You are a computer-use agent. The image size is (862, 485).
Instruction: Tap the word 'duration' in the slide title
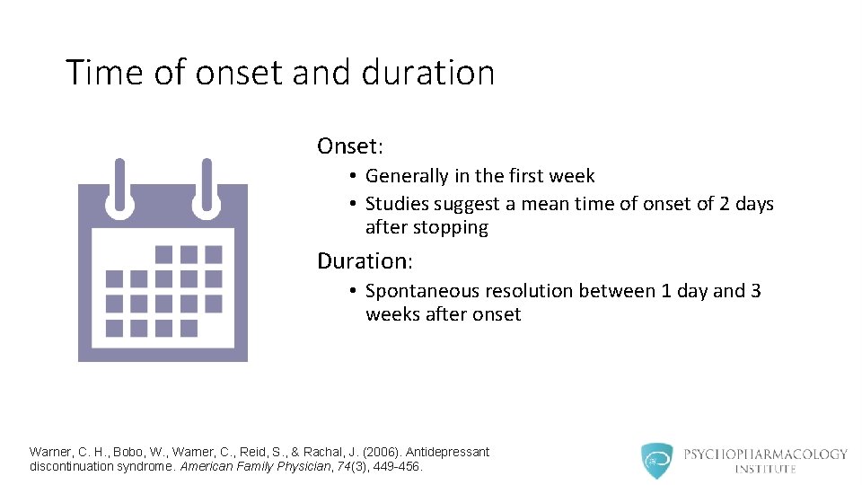pyautogui.click(x=428, y=73)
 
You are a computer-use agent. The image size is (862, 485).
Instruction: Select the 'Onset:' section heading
pyautogui.click(x=350, y=145)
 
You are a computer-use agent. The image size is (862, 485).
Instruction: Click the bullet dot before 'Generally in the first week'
pyautogui.click(x=356, y=177)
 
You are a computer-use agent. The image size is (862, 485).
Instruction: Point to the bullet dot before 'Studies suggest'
pyautogui.click(x=356, y=205)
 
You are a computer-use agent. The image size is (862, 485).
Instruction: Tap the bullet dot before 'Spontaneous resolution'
pyautogui.click(x=356, y=292)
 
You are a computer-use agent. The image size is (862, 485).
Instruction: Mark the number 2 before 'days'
pyautogui.click(x=725, y=205)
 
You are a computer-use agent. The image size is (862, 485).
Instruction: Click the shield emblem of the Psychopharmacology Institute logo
pyautogui.click(x=656, y=461)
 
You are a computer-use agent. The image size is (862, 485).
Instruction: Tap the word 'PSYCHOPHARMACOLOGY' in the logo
pyautogui.click(x=765, y=454)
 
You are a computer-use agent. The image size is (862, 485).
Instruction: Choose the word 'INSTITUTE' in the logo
pyautogui.click(x=765, y=470)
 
